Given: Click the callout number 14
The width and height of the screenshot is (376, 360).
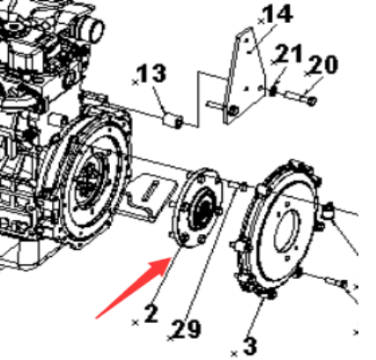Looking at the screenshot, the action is point(277,14).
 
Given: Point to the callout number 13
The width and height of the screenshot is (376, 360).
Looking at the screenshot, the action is point(151,73).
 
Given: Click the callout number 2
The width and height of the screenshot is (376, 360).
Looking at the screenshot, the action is point(151,313).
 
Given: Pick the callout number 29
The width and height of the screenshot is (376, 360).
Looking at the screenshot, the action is point(187,329).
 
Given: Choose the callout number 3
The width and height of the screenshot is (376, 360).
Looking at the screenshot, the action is point(250,347).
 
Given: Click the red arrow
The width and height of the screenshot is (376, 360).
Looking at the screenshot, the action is point(135,288).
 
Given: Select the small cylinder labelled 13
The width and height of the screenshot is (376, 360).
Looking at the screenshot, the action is point(173,121).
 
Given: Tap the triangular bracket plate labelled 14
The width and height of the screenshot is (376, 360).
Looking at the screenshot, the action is point(243,77).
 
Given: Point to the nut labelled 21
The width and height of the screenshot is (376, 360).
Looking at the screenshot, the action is point(273,91).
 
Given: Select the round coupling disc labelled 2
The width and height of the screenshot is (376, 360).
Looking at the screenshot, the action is point(197,209).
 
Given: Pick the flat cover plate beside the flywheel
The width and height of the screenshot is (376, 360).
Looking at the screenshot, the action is point(151,196).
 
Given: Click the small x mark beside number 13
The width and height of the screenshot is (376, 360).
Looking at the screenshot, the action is point(136,83).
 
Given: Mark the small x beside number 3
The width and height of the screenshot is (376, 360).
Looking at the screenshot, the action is point(234,354).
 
